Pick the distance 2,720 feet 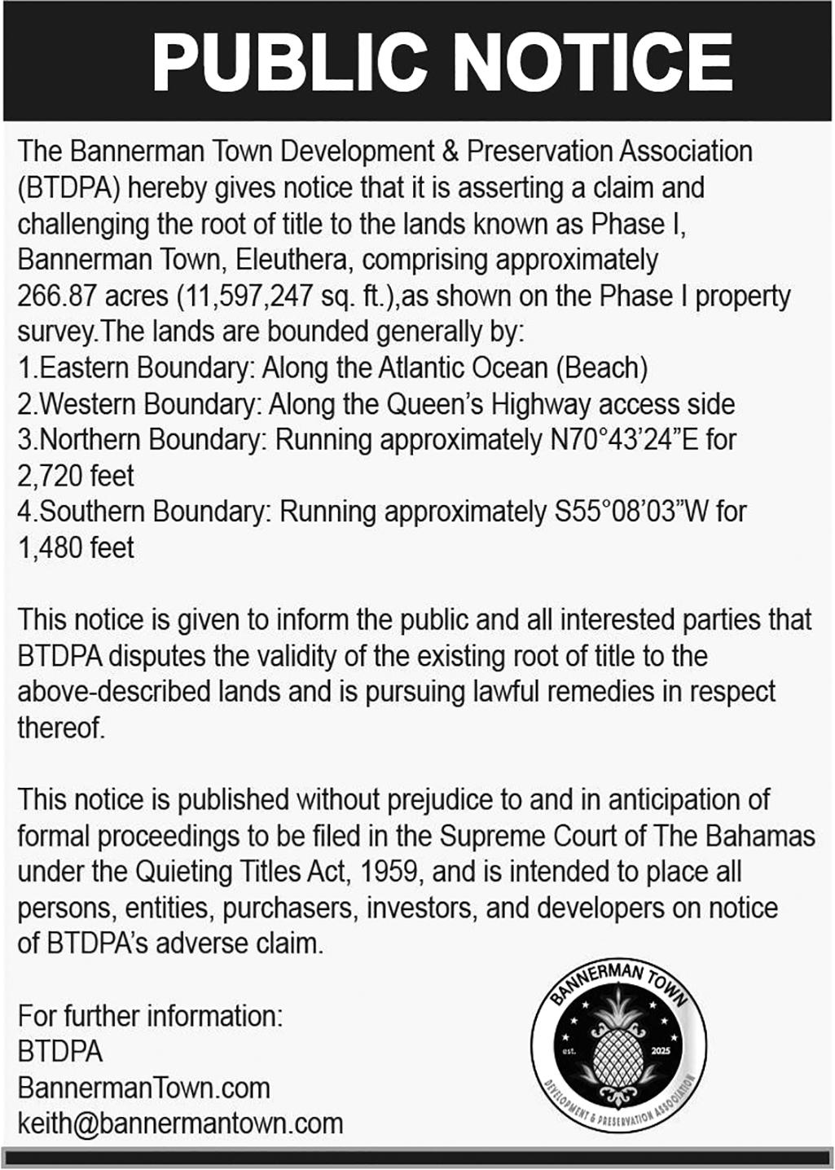pyautogui.click(x=76, y=476)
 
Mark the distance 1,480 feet pyautogui.click(x=76, y=548)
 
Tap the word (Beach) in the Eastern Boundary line pyautogui.click(x=602, y=368)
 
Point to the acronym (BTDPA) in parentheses pyautogui.click(x=70, y=188)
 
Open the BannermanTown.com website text pyautogui.click(x=143, y=1088)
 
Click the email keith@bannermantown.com pyautogui.click(x=180, y=1124)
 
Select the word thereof pyautogui.click(x=61, y=728)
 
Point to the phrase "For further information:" pyautogui.click(x=150, y=1016)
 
